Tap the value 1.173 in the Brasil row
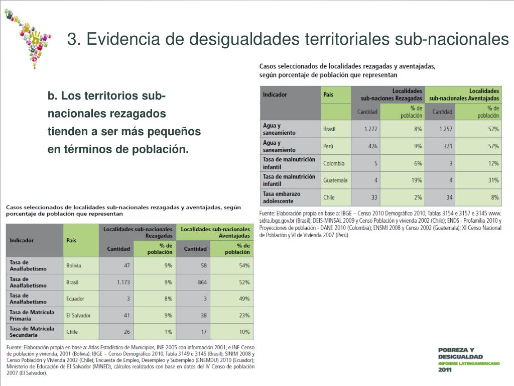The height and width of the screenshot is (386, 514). pyautogui.click(x=123, y=282)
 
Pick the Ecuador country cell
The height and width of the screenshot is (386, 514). pyautogui.click(x=75, y=299)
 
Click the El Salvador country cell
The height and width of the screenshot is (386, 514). pyautogui.click(x=78, y=315)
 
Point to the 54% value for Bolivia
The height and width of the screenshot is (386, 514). pyautogui.click(x=244, y=265)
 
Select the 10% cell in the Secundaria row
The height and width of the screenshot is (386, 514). pyautogui.click(x=244, y=332)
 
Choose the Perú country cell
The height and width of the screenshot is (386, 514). pyautogui.click(x=329, y=146)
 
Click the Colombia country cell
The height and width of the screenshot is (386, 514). pyautogui.click(x=334, y=163)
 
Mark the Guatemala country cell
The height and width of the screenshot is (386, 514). pyautogui.click(x=335, y=180)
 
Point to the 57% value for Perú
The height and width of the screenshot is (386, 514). pyautogui.click(x=493, y=146)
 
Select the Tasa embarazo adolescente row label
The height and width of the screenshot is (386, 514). pyautogui.click(x=282, y=197)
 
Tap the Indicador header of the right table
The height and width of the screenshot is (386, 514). pyautogui.click(x=275, y=94)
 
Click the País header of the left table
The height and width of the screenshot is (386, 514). pyautogui.click(x=71, y=240)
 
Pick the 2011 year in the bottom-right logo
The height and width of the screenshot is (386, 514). pyautogui.click(x=445, y=370)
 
